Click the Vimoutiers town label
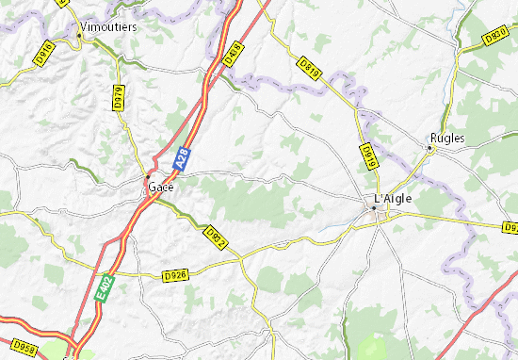pyautogui.click(x=109, y=27)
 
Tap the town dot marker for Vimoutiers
pyautogui.click(x=77, y=37)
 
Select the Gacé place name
pyautogui.click(x=161, y=187)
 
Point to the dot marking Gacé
pyautogui.click(x=147, y=176)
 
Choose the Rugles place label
pyautogui.click(x=447, y=137)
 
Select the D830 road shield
pyautogui.click(x=496, y=37)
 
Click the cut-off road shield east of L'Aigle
pyautogui.click(x=510, y=227)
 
